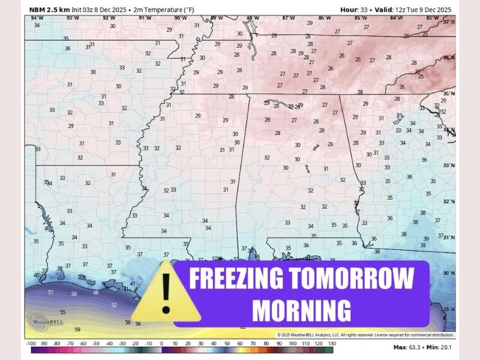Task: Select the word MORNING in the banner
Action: click(301, 310)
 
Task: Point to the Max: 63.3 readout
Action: click(408, 347)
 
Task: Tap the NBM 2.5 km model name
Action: click(50, 10)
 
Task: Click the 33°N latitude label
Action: click(448, 164)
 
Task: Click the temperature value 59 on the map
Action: click(77, 329)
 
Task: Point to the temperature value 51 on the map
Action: click(51, 292)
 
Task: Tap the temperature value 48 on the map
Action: click(95, 293)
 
